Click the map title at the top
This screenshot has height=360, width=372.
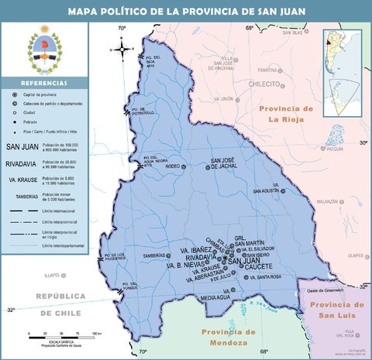tap(186, 11)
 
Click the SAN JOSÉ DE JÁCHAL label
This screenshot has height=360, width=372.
tap(233, 165)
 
